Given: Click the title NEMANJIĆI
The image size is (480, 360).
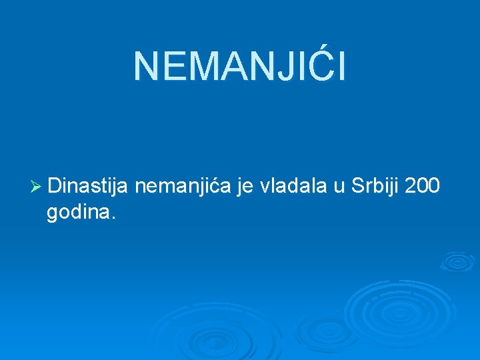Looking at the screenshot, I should pyautogui.click(x=240, y=67).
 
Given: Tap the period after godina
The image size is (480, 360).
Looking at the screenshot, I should pyautogui.click(x=114, y=218).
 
